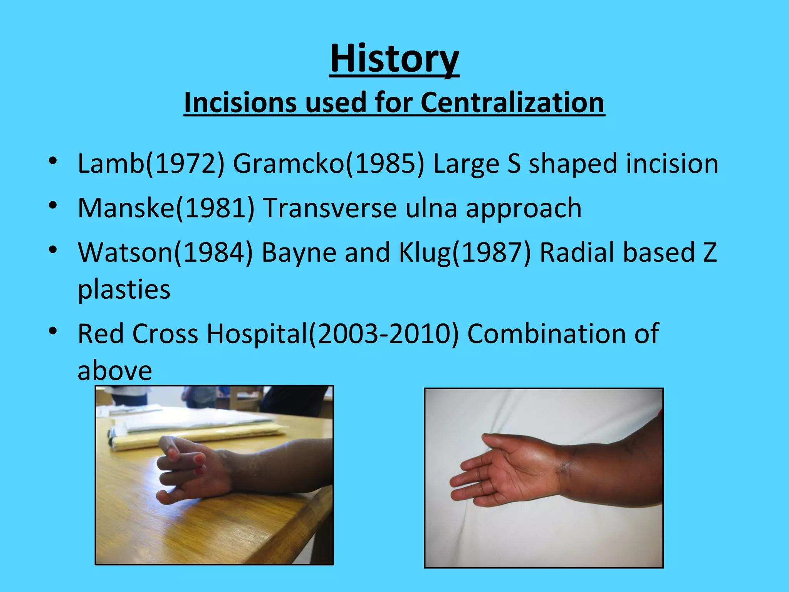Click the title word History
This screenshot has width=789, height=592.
[394, 59]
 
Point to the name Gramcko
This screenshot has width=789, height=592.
[288, 163]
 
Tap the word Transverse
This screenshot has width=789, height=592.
[330, 208]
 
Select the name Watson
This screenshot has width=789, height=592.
[126, 252]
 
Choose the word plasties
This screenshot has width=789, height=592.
[124, 289]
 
